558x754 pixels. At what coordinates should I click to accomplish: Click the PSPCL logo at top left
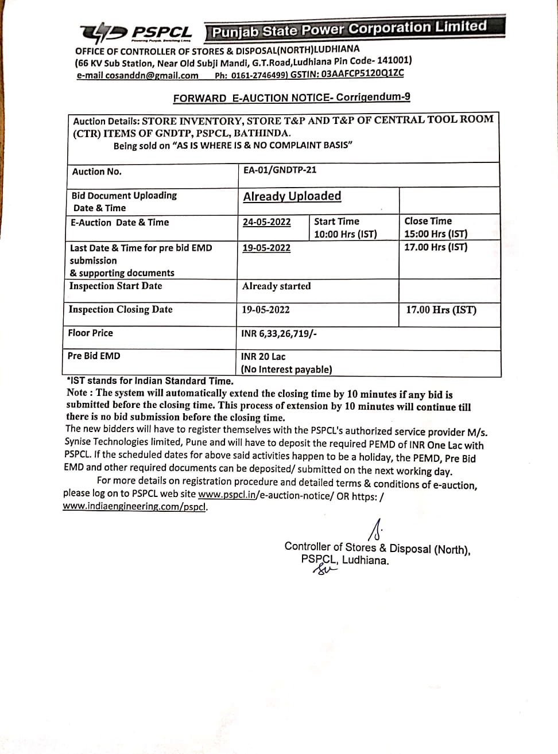[x=135, y=33]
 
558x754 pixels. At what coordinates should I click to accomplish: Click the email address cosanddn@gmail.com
[x=138, y=75]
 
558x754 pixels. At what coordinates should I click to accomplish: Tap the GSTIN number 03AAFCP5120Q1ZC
[x=363, y=73]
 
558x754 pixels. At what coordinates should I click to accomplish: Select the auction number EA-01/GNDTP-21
[x=280, y=170]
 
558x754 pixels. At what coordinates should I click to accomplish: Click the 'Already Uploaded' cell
[x=292, y=196]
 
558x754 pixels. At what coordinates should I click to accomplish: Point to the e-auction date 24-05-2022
[x=266, y=222]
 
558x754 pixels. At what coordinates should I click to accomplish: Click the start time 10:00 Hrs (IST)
[x=345, y=234]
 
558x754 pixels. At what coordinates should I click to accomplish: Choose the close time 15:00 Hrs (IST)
[x=436, y=234]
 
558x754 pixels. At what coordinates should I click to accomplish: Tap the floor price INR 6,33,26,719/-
[x=279, y=333]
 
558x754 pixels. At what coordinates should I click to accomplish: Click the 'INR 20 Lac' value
[x=263, y=356]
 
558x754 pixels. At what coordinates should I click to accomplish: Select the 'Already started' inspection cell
[x=276, y=286]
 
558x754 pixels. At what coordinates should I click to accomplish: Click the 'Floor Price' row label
[x=90, y=333]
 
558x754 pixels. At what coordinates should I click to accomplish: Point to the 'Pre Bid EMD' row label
[x=94, y=356]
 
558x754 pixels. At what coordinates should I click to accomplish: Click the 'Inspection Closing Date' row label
[x=120, y=309]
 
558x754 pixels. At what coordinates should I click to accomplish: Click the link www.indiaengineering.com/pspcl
[x=135, y=507]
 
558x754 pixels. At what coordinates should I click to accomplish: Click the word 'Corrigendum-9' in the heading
[x=373, y=97]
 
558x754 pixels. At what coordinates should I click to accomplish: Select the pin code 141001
[x=394, y=60]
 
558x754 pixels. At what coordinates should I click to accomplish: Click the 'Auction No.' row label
[x=96, y=172]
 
